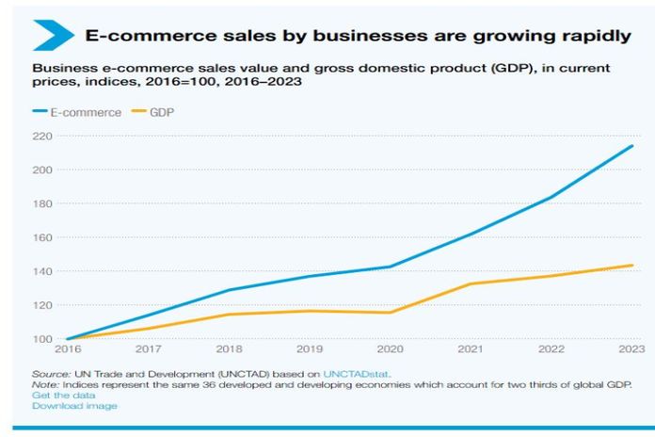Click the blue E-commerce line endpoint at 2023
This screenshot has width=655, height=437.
click(x=632, y=146)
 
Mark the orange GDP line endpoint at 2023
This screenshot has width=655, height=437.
click(x=632, y=266)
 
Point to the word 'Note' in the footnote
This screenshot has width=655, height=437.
click(x=43, y=384)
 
